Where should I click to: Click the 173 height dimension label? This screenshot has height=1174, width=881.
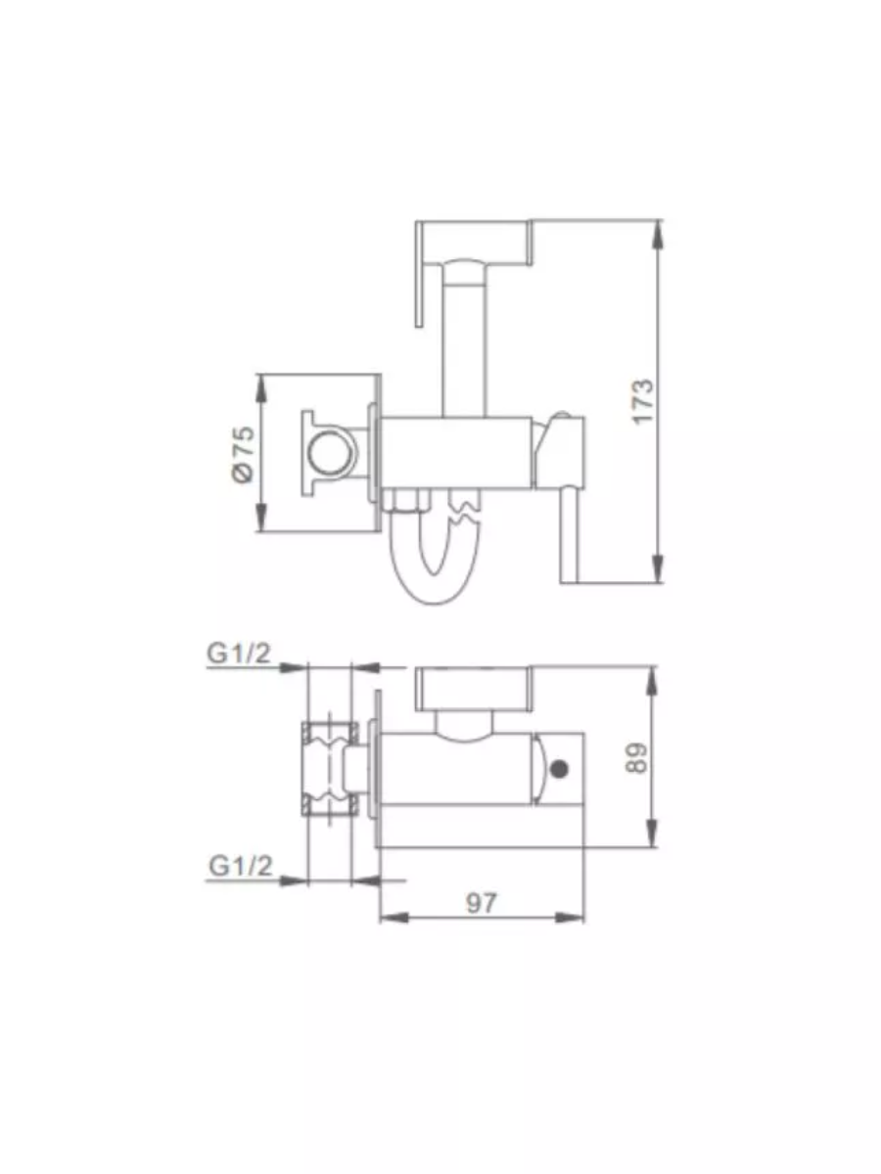click(643, 401)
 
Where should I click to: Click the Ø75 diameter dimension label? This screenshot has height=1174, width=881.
click(244, 454)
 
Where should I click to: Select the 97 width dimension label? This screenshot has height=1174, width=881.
click(481, 904)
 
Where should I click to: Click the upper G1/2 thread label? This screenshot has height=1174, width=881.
click(239, 654)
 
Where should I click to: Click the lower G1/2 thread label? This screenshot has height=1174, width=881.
click(241, 866)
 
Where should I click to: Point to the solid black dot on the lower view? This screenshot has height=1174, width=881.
click(560, 769)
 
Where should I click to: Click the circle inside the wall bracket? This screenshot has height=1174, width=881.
click(327, 454)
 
